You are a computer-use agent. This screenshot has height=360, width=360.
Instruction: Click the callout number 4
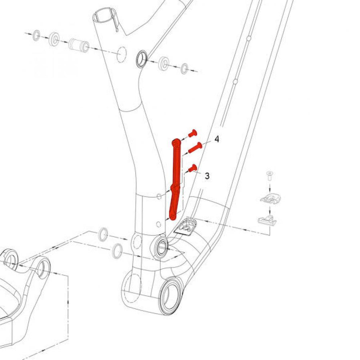[217, 139]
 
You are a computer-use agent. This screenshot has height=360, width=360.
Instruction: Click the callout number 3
[207, 176]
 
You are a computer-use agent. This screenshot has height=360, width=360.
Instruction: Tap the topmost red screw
[193, 133]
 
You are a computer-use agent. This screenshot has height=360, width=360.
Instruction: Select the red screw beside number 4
[195, 147]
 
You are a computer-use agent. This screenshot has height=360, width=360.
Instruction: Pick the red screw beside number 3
[193, 168]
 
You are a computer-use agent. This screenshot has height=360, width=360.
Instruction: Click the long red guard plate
[175, 179]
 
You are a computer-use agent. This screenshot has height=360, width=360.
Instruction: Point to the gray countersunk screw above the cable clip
[269, 176]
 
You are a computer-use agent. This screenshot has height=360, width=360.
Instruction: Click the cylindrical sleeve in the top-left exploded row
[79, 45]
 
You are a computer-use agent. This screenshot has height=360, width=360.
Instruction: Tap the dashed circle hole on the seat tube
[122, 55]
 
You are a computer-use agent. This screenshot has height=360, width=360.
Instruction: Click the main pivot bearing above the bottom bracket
[162, 249]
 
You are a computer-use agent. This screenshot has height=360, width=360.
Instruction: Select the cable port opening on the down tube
[186, 227]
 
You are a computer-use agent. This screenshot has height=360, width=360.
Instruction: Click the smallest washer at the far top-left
[36, 35]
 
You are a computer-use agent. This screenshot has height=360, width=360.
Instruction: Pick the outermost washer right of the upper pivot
[184, 68]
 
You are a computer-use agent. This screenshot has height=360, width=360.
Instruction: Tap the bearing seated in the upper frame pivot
[142, 59]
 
